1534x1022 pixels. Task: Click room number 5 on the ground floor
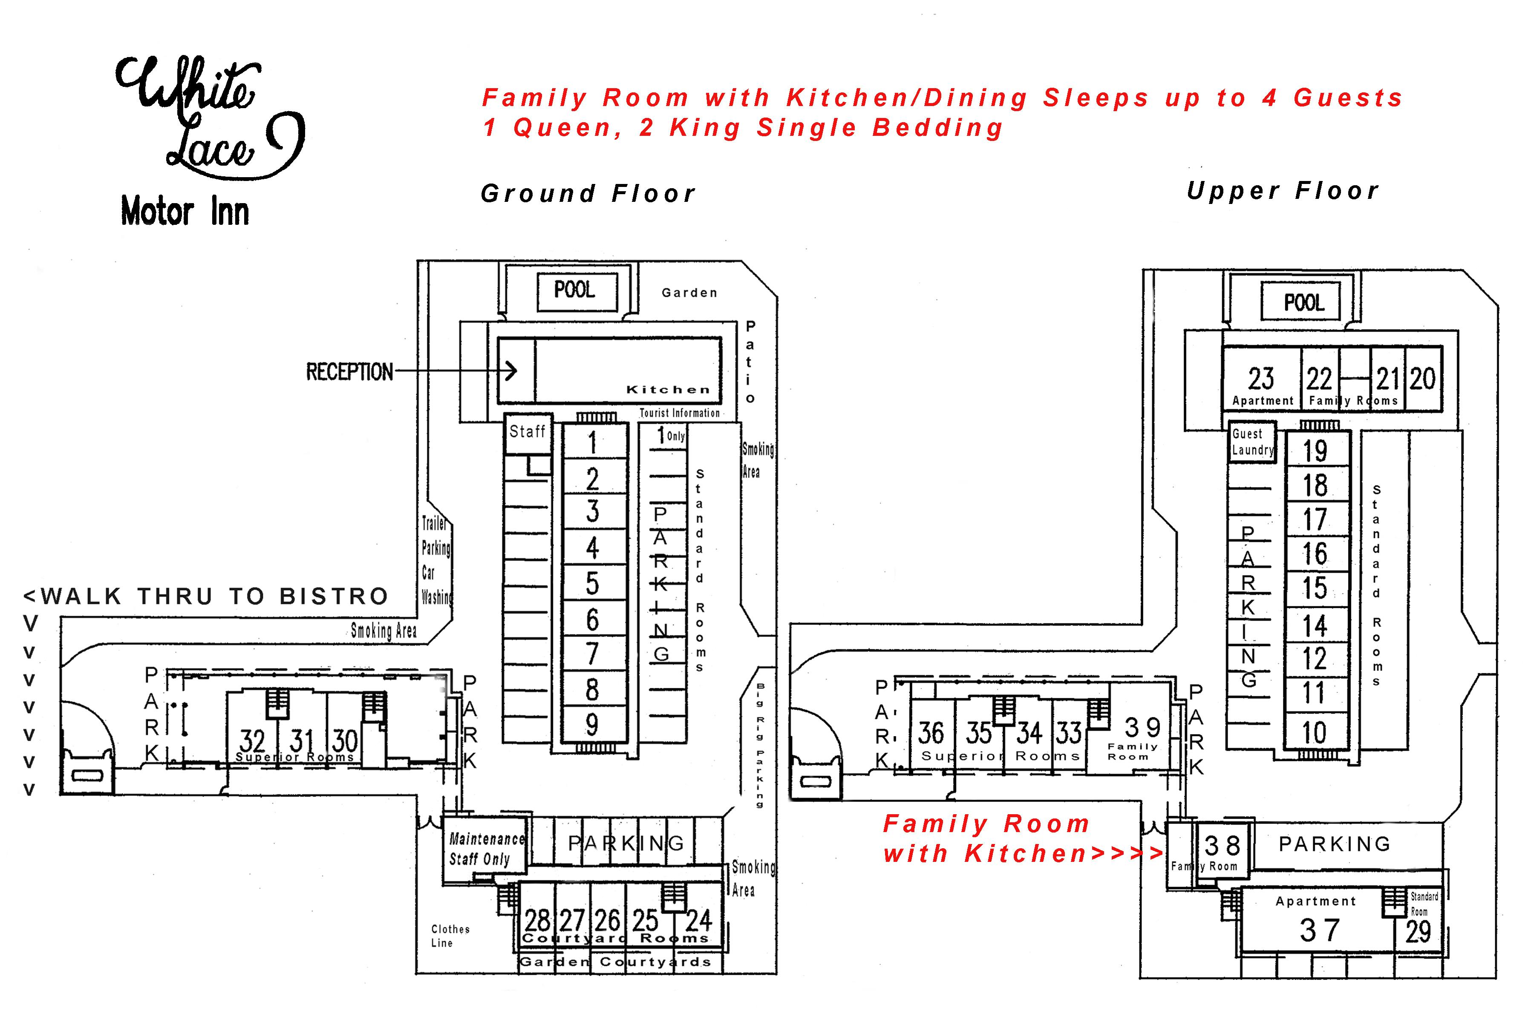pos(592,583)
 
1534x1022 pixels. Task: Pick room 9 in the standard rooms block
pos(592,724)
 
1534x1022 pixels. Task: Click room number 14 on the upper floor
pos(1315,626)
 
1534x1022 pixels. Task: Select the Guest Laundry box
pos(1251,442)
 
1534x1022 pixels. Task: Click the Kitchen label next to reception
pos(668,390)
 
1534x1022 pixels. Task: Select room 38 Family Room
pos(1222,850)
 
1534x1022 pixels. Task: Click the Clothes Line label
pos(450,936)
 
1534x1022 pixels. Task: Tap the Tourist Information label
pos(680,413)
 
